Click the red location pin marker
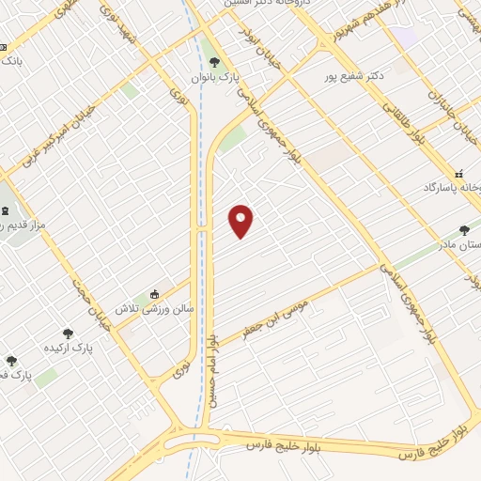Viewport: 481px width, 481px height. (x=241, y=220)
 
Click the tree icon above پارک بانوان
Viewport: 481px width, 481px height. (x=215, y=62)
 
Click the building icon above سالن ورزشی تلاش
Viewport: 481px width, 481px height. (x=155, y=292)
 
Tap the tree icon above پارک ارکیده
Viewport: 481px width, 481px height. (x=69, y=334)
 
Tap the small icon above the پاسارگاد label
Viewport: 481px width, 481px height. (x=459, y=174)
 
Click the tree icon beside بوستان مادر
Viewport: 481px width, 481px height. (x=464, y=229)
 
